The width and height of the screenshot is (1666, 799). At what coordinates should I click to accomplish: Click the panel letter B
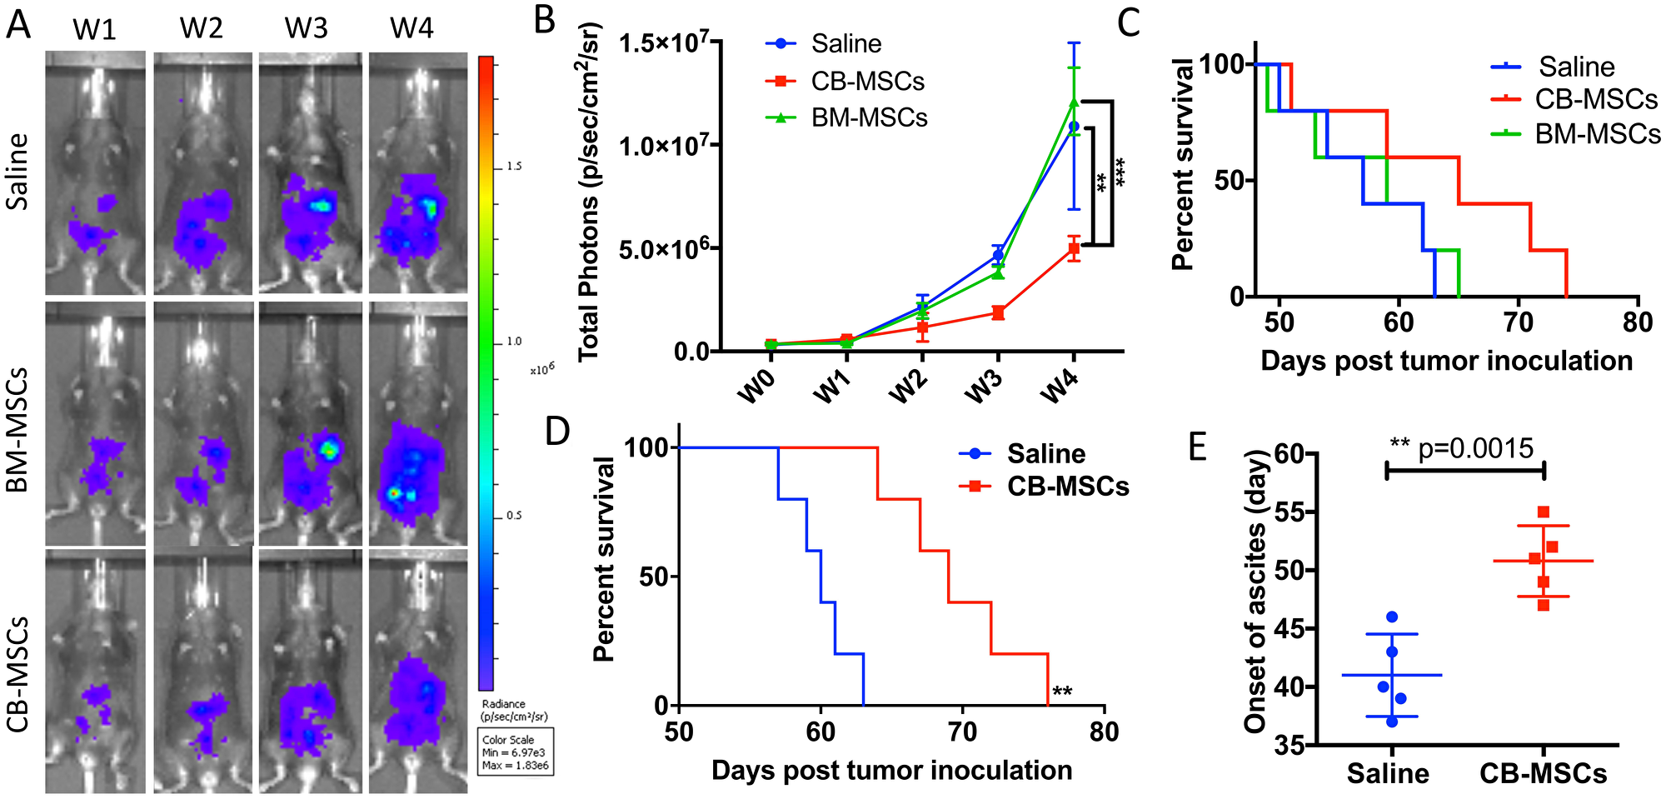(545, 20)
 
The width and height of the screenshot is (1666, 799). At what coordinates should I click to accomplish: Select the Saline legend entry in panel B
(845, 43)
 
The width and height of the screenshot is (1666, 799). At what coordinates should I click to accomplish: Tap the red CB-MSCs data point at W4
(1075, 248)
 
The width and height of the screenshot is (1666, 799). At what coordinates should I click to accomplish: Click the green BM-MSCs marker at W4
(1075, 102)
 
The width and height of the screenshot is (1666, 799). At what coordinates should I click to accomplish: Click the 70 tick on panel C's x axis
(1519, 322)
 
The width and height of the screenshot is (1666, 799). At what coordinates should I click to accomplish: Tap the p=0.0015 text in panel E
(1475, 449)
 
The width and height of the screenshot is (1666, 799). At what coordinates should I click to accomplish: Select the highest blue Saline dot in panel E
(1392, 617)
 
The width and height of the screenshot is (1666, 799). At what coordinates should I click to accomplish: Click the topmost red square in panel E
(1544, 512)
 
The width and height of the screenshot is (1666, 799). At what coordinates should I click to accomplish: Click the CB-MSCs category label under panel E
(1543, 773)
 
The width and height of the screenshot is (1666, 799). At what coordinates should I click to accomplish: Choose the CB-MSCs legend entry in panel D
(1067, 486)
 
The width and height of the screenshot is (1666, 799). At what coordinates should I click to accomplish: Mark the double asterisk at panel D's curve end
(1062, 692)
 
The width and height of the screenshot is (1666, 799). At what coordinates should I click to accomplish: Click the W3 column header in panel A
(306, 28)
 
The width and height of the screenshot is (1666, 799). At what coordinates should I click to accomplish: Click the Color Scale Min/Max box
(515, 752)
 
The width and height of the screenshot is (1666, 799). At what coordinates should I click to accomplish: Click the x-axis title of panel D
(891, 771)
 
